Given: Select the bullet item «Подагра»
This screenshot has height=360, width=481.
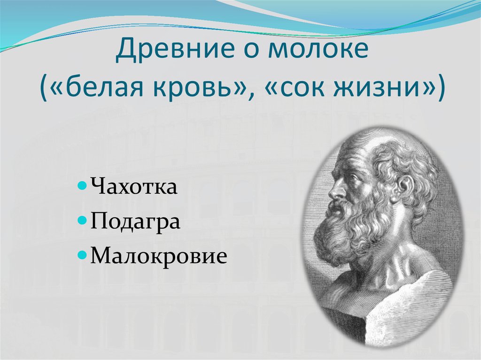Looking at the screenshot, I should click(x=136, y=221).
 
